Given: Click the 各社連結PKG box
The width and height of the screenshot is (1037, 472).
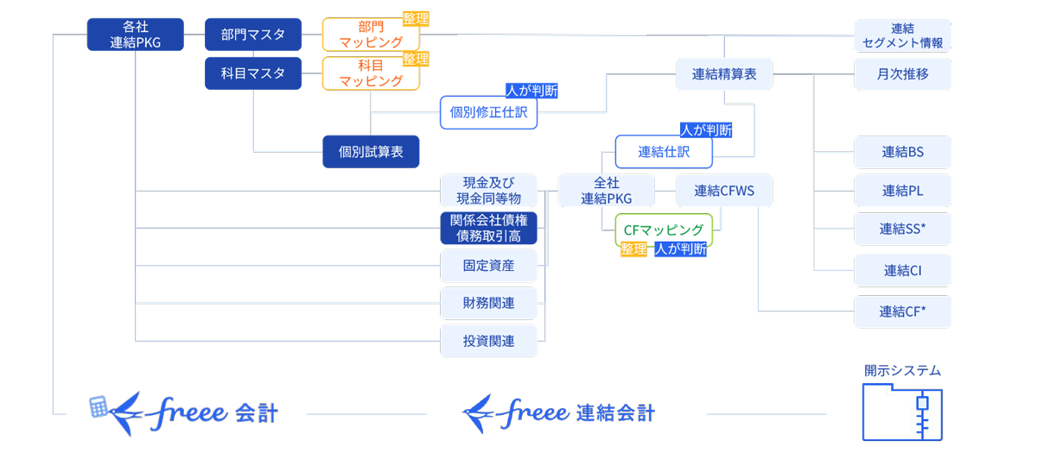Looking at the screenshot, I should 136,35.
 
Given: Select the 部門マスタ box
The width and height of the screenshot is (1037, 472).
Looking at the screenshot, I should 253,35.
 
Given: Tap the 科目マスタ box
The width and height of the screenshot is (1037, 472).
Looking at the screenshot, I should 253,73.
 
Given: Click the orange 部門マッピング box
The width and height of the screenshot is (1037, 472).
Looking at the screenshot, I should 371,35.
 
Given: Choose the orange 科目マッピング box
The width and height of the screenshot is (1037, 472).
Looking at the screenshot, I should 371,73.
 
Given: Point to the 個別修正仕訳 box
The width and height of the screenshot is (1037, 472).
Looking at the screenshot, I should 488,112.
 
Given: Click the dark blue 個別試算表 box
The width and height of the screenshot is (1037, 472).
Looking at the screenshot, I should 371,151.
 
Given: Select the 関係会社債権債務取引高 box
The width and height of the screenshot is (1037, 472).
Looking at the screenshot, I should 488,228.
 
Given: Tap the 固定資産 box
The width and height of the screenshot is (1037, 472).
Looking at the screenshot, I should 488,266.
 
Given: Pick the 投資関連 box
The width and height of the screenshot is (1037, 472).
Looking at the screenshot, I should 488,341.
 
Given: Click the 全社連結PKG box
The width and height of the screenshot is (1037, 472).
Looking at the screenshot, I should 606,191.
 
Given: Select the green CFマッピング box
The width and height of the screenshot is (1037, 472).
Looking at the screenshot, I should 664,230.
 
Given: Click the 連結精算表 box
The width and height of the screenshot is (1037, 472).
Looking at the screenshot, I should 724,74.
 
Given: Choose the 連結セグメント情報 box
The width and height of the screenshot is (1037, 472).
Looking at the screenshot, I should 902,35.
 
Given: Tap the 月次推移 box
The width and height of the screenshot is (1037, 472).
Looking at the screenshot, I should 902,74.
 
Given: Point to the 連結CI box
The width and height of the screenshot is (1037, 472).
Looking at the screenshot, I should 902,270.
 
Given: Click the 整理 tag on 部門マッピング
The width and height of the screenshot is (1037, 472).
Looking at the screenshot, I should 416,18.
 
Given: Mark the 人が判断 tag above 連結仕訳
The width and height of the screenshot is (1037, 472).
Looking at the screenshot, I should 706,130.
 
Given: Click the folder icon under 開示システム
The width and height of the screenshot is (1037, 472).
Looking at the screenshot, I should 902,412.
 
